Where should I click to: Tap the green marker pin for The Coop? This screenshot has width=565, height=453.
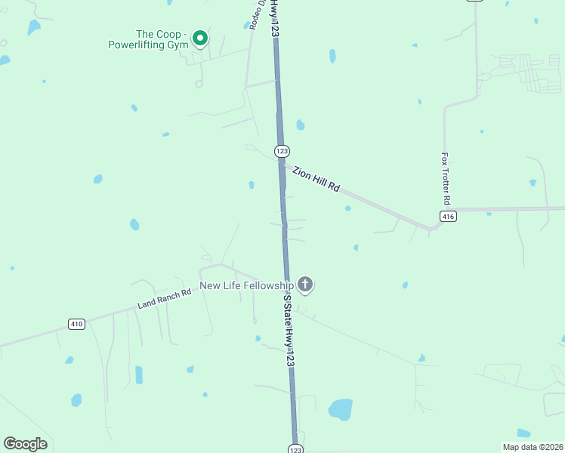tap(200, 37)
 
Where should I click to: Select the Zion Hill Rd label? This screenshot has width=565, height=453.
tap(316, 178)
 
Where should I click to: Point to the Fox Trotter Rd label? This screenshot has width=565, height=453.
tap(446, 180)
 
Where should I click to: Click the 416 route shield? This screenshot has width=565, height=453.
tap(449, 217)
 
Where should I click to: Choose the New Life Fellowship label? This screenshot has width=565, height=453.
tap(246, 285)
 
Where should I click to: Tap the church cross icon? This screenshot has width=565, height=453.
tap(304, 285)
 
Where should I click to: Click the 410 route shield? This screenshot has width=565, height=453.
tap(76, 324)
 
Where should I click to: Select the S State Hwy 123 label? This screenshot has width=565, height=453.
tap(288, 331)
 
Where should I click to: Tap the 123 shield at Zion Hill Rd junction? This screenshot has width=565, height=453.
tap(281, 151)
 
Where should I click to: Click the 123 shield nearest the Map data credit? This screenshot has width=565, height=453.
tap(296, 448)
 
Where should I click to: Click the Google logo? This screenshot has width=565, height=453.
tap(25, 444)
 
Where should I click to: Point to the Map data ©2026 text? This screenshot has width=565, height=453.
tap(532, 447)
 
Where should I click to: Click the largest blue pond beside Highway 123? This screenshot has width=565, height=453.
tap(340, 409)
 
